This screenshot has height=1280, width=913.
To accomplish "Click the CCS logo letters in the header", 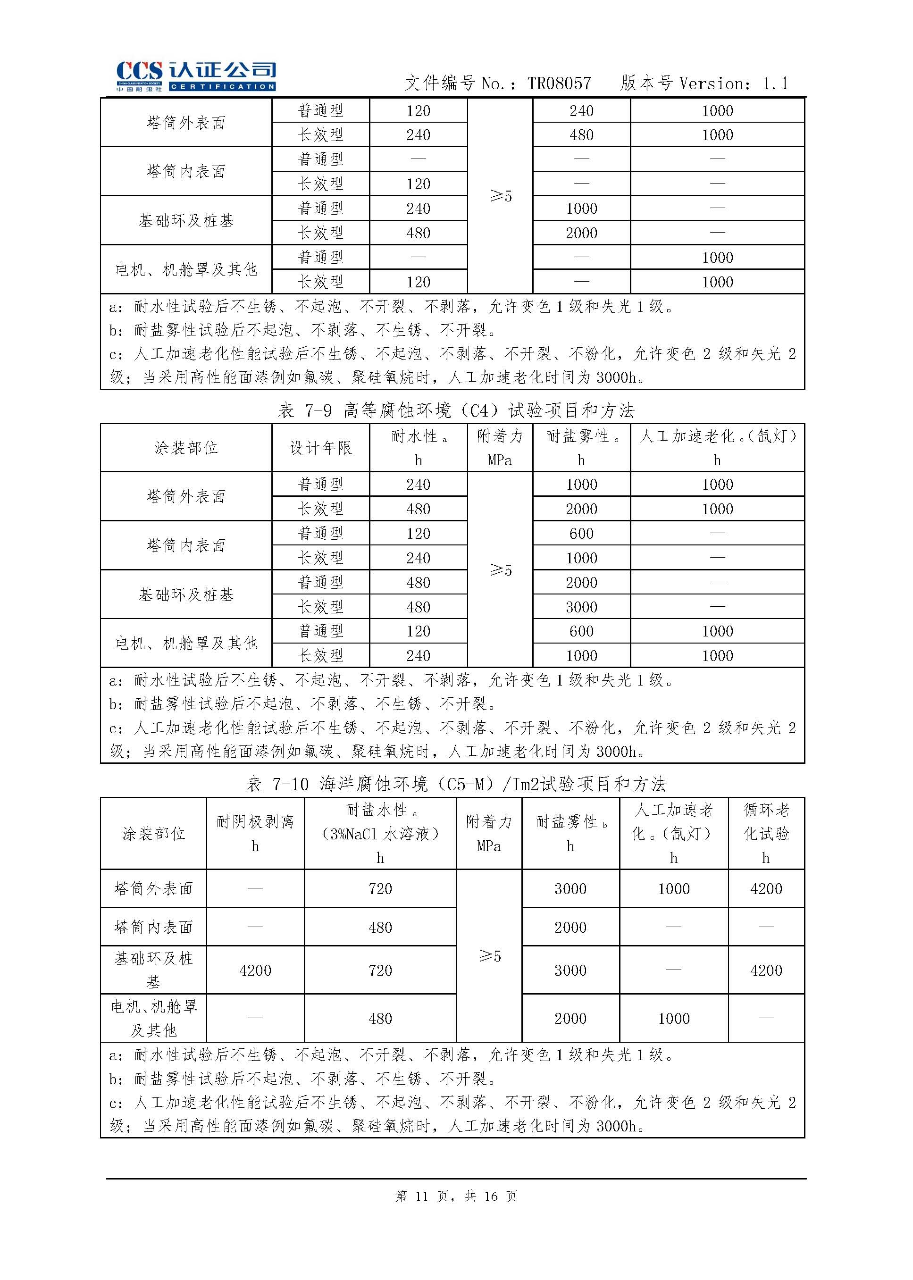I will pyautogui.click(x=139, y=71).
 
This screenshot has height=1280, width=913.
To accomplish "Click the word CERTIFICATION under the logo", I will pyautogui.click(x=222, y=86).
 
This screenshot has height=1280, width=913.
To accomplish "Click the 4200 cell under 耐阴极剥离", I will pyautogui.click(x=255, y=970).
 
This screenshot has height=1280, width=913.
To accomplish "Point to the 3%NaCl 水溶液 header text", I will pyautogui.click(x=380, y=834).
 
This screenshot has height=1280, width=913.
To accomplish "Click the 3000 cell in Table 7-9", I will pyautogui.click(x=581, y=607).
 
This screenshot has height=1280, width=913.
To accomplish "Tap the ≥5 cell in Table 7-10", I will pyautogui.click(x=489, y=956).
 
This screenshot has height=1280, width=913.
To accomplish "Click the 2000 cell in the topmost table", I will pyautogui.click(x=581, y=233).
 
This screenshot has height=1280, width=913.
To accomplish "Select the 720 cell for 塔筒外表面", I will pyautogui.click(x=380, y=889).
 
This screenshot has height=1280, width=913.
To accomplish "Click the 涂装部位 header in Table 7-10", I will pyautogui.click(x=153, y=834).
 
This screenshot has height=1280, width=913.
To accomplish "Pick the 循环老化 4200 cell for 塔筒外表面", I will pyautogui.click(x=766, y=889).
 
